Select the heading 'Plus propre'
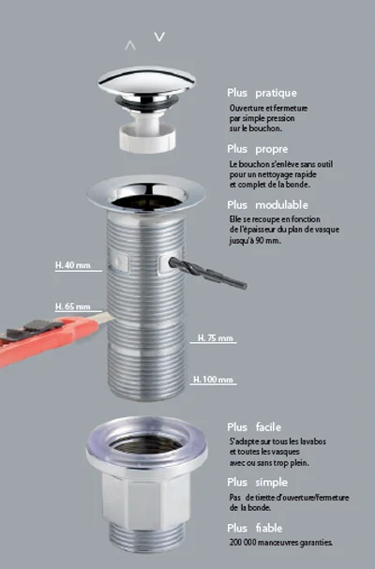257,148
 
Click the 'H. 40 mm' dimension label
71,265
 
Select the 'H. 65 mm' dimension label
71,307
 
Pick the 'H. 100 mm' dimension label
213,380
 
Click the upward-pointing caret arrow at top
130,44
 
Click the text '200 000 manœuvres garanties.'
280,543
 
